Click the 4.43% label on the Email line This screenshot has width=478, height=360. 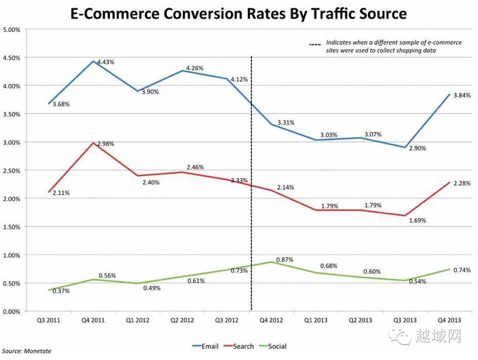[106, 62]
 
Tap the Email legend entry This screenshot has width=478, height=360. [205, 346]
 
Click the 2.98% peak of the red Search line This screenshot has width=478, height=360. [94, 143]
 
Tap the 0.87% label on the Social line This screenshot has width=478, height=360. [284, 260]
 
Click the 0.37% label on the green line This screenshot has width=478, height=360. [61, 291]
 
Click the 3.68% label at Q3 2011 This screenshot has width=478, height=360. [61, 104]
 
